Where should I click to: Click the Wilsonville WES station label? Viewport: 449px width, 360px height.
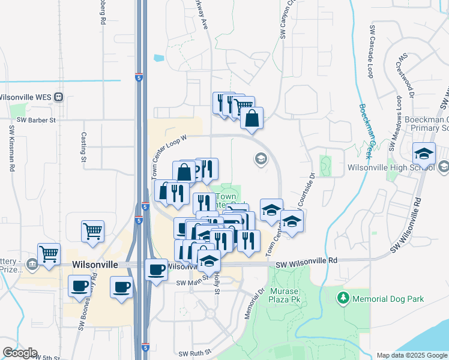coord(27,97)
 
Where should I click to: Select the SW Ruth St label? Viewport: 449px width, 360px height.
coord(191,353)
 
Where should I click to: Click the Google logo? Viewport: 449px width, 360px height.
coord(20,353)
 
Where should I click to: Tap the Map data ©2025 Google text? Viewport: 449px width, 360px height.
coord(412,355)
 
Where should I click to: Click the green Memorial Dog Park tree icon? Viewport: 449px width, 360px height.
coord(343,297)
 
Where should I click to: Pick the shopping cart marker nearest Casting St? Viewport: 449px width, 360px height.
coord(93,231)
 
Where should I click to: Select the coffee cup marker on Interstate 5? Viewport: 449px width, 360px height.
coord(157,269)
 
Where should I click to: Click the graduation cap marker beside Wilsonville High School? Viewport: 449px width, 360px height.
coord(424,154)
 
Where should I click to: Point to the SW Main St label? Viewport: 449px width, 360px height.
coord(191,283)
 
